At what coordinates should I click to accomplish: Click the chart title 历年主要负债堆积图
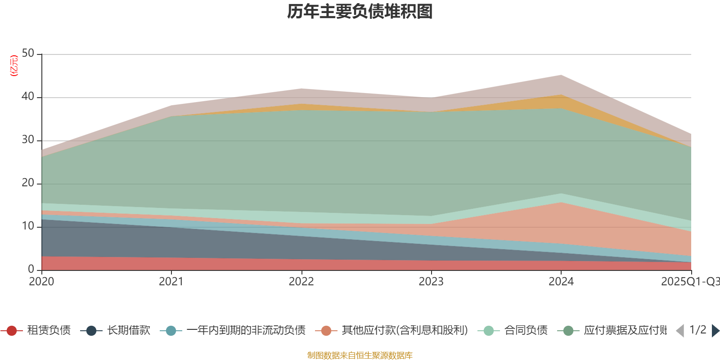[x=360, y=12]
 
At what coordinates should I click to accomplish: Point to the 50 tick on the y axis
[x=28, y=54]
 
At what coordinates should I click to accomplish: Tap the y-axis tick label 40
[x=28, y=96]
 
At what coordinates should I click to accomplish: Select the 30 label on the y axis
[x=28, y=140]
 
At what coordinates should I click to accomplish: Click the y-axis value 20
[x=28, y=183]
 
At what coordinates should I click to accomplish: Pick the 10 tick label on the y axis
[x=28, y=226]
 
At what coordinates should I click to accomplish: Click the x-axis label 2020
[x=41, y=282]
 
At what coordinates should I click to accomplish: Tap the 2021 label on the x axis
[x=171, y=282]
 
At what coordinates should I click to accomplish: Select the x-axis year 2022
[x=301, y=282]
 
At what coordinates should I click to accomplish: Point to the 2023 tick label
[x=431, y=282]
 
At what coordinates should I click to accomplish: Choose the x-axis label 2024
[x=561, y=282]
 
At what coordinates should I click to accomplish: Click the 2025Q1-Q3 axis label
[x=689, y=282]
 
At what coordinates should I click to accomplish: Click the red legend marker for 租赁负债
[x=12, y=331]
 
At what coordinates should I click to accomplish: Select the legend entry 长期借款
[x=128, y=331]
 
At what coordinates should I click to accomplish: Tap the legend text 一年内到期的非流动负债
[x=246, y=331]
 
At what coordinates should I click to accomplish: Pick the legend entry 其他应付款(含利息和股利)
[x=404, y=331]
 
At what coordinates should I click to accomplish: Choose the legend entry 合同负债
[x=526, y=331]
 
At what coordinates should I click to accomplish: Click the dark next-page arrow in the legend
[x=715, y=331]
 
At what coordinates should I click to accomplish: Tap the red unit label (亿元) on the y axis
[x=14, y=66]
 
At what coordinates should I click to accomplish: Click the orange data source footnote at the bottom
[x=360, y=355]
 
